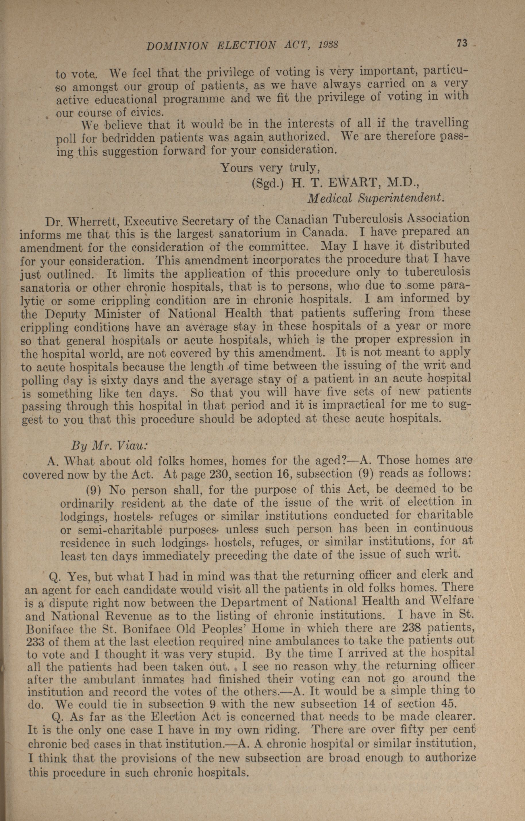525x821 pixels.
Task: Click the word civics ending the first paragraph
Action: click(x=143, y=112)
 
